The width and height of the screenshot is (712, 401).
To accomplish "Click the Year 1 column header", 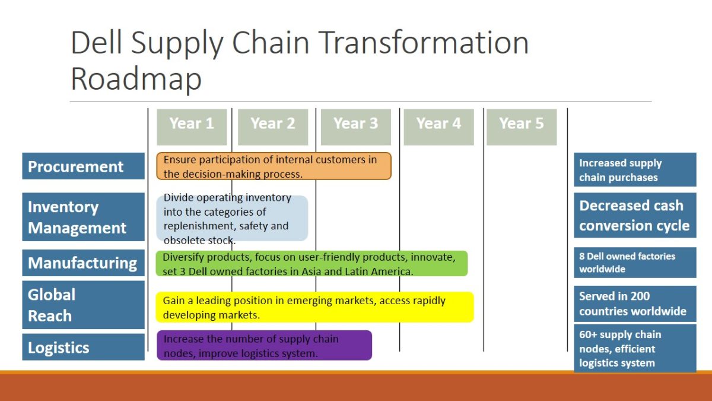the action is tap(192, 127).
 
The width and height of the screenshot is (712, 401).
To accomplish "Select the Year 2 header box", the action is tap(273, 127).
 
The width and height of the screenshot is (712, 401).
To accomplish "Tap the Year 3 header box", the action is tap(356, 127).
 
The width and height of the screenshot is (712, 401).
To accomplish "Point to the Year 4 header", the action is tap(439, 127).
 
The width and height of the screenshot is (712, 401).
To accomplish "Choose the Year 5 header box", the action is tap(522, 127).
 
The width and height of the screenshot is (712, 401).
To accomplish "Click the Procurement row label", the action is tap(83, 166).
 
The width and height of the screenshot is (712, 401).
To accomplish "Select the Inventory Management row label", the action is tap(83, 217).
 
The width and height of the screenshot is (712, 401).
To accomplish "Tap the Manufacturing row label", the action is tap(83, 263).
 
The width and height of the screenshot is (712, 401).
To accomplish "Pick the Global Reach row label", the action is tap(83, 305).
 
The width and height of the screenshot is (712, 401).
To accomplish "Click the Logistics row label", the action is tap(83, 347).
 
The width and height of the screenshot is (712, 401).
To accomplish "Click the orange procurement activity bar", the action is tap(274, 166).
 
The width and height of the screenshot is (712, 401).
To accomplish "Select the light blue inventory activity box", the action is tap(232, 219).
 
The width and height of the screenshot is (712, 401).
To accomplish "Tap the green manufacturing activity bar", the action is tap(311, 264).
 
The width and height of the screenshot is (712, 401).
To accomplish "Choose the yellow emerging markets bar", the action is tap(314, 307).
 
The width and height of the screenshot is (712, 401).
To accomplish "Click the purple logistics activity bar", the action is tap(264, 345).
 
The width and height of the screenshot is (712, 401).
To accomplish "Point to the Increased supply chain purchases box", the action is tap(635, 170).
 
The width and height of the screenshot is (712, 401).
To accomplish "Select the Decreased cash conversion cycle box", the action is tap(635, 215).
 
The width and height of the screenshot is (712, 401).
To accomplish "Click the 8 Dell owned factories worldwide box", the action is tap(635, 263).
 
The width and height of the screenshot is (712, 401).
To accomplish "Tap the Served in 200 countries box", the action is tap(635, 304).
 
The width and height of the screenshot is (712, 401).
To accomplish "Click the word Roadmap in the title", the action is tap(136, 79).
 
